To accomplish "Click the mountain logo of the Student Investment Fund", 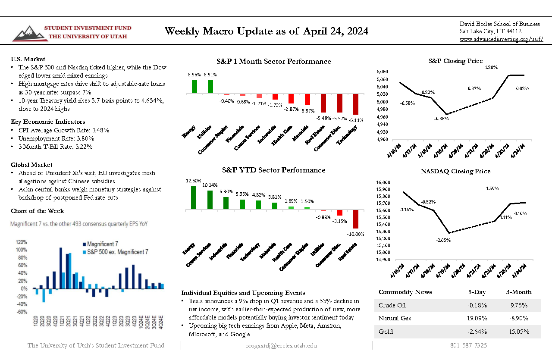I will pos(27,33).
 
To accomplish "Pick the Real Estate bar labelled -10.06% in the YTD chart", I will pos(356,219).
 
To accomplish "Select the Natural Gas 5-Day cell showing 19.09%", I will pos(477,319).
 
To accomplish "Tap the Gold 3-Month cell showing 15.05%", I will pos(519,332).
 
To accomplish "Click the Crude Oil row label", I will pos(392,305).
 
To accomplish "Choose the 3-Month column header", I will pos(519,292).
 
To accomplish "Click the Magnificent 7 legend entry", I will pos(103,244).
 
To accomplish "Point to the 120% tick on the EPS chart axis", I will pos(22,242).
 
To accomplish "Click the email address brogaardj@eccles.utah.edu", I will pos(281,345).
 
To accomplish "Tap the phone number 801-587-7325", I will pos(468,345).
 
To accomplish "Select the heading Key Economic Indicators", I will pos(48,122).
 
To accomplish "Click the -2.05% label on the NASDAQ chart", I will pos(443,240).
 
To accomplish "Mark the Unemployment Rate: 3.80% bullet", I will pos(56,138).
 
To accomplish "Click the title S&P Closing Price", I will pos(455,61).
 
